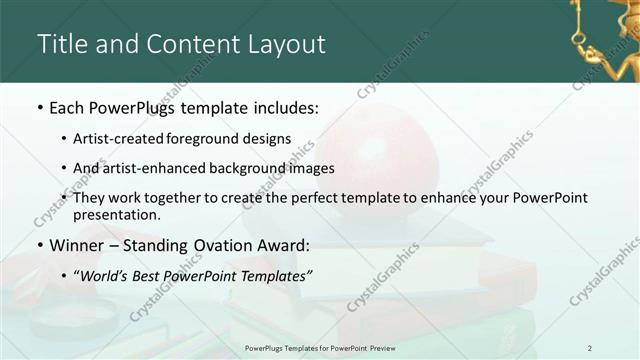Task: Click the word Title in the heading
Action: tap(63, 44)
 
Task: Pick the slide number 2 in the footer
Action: tap(590, 348)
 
